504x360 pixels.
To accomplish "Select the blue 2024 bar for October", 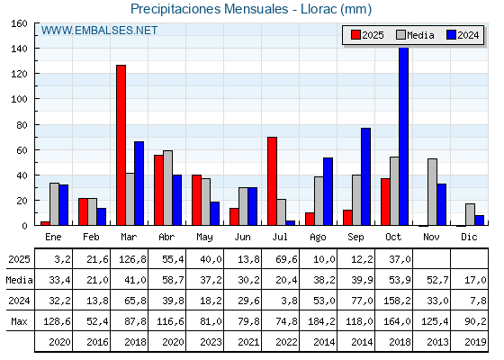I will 403,136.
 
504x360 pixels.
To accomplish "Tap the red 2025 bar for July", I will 272,181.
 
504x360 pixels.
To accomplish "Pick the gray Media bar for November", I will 432,192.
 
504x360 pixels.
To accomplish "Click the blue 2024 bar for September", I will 365,176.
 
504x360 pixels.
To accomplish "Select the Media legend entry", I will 415,35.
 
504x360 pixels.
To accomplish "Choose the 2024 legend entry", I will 462,35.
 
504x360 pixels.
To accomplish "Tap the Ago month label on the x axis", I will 319,237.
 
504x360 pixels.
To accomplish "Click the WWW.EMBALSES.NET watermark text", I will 99,31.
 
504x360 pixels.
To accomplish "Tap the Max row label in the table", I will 18,321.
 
